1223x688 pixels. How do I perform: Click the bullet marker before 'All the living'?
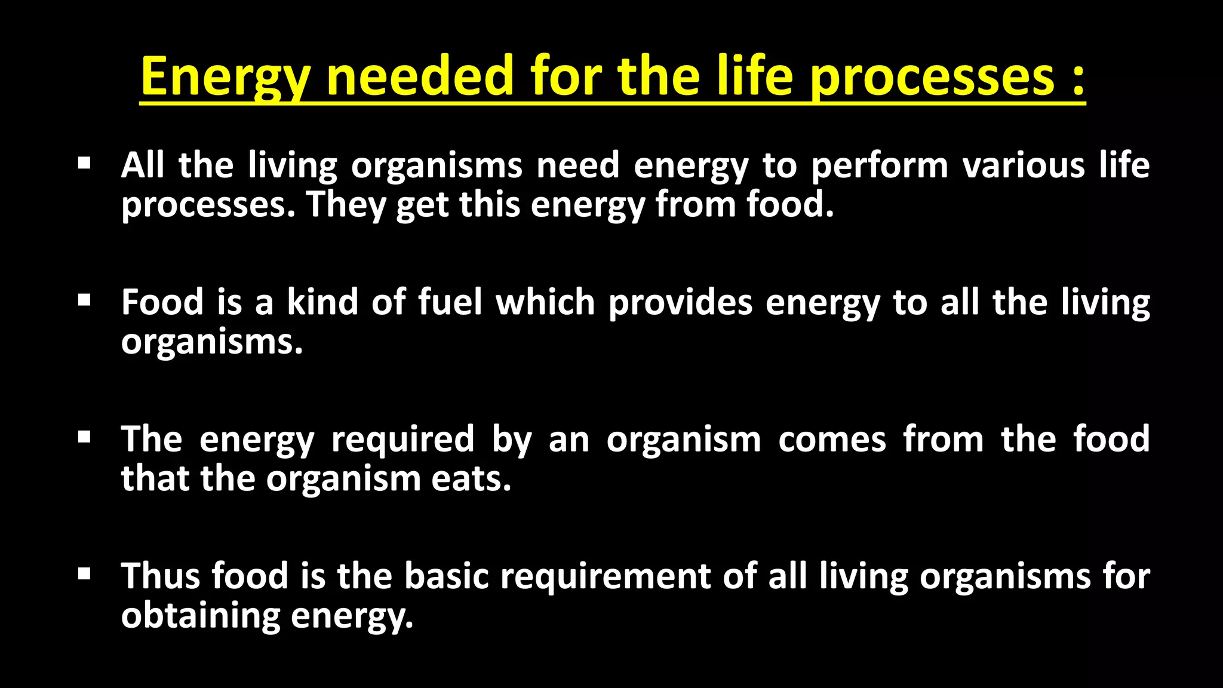click(x=84, y=162)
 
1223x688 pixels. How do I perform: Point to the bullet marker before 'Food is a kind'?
click(x=84, y=299)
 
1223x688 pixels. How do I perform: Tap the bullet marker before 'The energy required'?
click(x=84, y=437)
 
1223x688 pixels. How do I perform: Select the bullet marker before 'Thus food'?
click(x=84, y=574)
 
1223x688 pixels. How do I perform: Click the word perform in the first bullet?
click(x=880, y=166)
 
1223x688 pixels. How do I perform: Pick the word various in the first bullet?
click(x=1024, y=165)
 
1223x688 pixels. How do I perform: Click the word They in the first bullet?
click(x=346, y=205)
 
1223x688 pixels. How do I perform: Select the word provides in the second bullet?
click(x=680, y=303)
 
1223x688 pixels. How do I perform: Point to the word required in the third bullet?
click(x=403, y=441)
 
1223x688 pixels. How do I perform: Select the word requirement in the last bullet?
click(x=605, y=578)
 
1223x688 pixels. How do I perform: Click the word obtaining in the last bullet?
click(x=200, y=616)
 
